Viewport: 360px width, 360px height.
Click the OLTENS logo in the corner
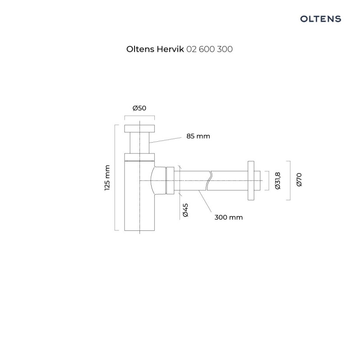point(320,18)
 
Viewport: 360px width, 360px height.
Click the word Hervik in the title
point(169,49)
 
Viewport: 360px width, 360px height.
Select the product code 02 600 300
point(209,49)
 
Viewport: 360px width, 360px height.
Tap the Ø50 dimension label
point(139,108)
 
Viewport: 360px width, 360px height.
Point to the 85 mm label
point(198,136)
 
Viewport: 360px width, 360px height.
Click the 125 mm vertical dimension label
point(107,178)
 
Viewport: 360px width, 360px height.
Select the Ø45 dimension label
point(185,210)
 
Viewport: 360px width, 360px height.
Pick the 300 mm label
point(229,217)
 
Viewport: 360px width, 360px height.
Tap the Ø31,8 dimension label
point(278,180)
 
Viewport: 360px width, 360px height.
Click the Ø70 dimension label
point(299,180)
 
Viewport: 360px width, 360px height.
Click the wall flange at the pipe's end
point(252,180)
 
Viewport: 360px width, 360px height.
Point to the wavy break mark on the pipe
point(209,180)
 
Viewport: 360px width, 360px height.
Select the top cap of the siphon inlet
point(140,127)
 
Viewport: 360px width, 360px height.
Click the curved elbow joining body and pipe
point(158,180)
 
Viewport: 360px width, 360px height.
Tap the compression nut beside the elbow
point(170,180)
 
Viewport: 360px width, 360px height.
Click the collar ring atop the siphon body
point(140,157)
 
